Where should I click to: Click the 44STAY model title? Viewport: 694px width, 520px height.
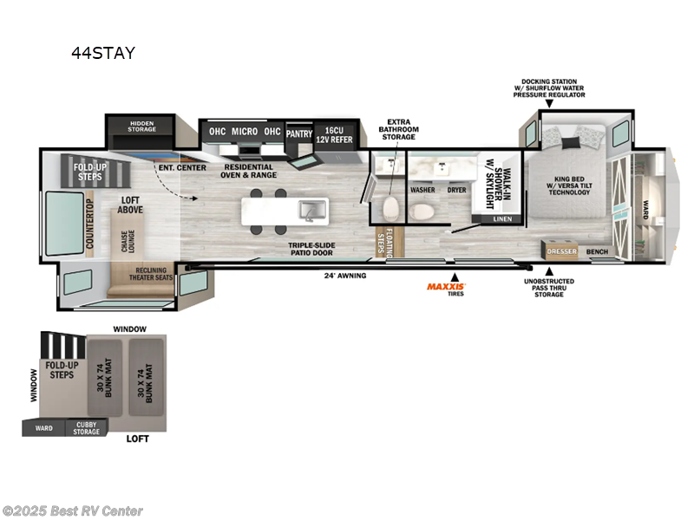pos(103,53)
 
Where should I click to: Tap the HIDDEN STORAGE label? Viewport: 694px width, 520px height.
pos(141,127)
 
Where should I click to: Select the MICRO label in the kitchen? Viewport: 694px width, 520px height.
pos(246,132)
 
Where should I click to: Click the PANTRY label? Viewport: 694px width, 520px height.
pos(298,134)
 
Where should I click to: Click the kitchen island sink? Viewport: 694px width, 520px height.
pos(307,209)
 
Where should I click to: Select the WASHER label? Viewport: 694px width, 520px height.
pos(422,188)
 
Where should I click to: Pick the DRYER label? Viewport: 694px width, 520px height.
pos(457,188)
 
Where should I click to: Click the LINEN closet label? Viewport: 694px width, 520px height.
pos(501,219)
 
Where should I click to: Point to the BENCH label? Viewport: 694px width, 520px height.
pos(596,252)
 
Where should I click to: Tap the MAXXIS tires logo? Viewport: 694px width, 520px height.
pos(446,285)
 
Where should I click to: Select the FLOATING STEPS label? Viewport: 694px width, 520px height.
pos(383,244)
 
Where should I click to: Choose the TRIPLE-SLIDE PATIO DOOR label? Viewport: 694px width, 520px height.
pos(312,250)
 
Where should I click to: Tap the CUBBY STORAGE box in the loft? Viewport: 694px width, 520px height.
pos(86,427)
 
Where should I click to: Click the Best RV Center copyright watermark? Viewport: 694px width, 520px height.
pos(73,511)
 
